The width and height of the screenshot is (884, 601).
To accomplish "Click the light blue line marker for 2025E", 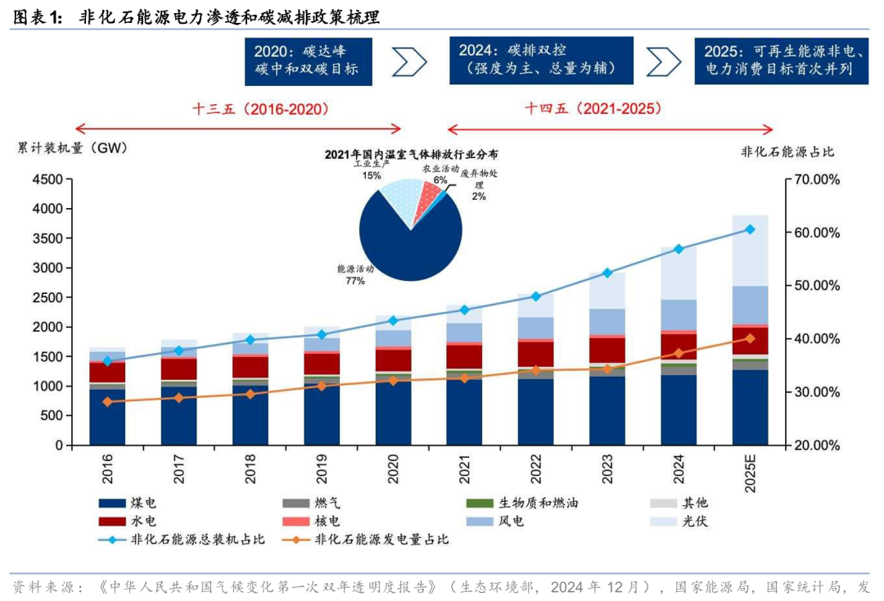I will click(x=750, y=229).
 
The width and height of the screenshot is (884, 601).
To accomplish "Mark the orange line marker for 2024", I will click(x=679, y=353).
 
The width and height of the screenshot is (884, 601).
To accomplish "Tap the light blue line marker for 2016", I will click(x=107, y=360).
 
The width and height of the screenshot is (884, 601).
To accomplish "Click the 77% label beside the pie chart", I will click(x=354, y=281).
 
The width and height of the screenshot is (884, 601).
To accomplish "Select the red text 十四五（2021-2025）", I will click(x=593, y=108).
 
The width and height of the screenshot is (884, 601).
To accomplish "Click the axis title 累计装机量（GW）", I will click(x=73, y=148).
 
